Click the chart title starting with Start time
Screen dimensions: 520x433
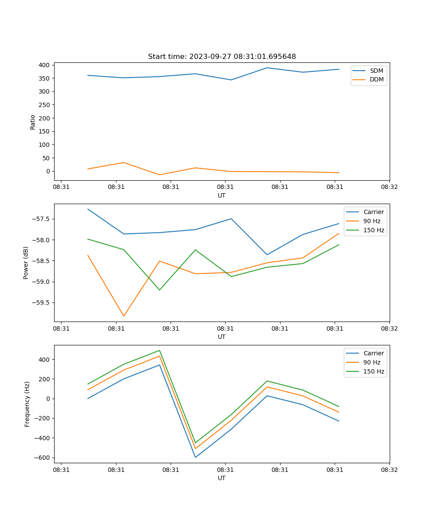coord(222,57)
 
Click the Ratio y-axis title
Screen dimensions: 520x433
coord(33,122)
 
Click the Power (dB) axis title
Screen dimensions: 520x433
coord(26,263)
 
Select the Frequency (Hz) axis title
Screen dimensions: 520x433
coord(27,404)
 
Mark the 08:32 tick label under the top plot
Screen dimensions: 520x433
coord(389,187)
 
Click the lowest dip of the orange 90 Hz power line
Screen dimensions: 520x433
coord(124,316)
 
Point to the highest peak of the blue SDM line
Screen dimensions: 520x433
coord(267,68)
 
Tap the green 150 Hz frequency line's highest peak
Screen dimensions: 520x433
coord(159,351)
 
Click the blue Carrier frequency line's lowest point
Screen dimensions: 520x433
coord(195,457)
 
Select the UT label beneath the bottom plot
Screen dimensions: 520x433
coord(222,478)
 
